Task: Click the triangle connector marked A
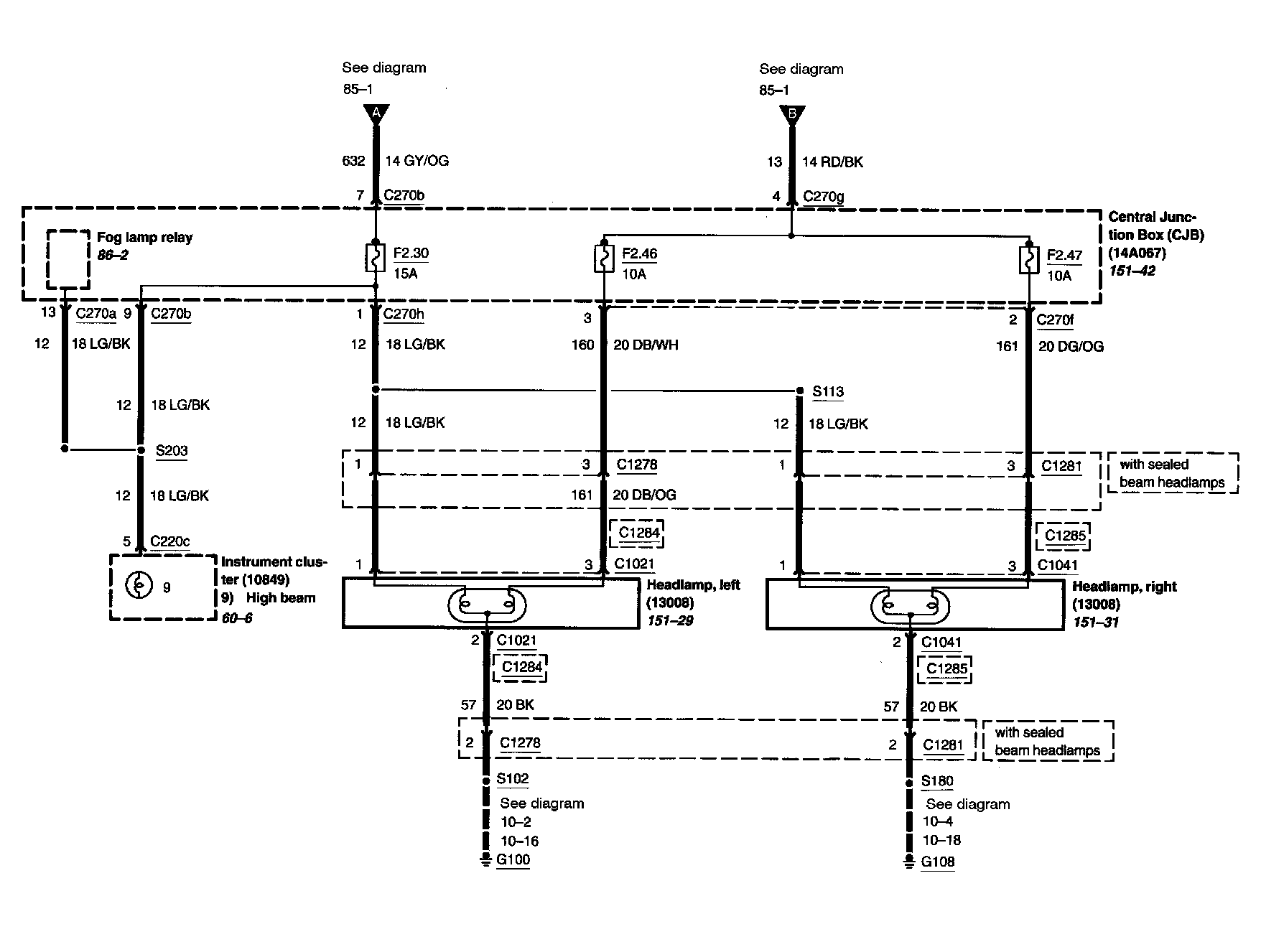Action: tap(376, 113)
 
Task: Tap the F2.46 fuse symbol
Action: tap(604, 259)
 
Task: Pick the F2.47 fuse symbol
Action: tap(1029, 260)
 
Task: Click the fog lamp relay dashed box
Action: tap(68, 259)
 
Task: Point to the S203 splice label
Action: tap(172, 451)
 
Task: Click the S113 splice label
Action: tap(828, 392)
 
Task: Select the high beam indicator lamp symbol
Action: tap(138, 587)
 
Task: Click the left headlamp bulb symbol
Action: tap(488, 605)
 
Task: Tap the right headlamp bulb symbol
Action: tap(910, 607)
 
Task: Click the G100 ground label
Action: tap(513, 860)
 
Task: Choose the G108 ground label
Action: tap(938, 862)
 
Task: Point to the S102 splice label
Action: tap(513, 779)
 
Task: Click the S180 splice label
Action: tap(938, 781)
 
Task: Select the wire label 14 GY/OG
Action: tap(417, 161)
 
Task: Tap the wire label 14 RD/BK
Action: tap(832, 162)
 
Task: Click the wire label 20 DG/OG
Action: tap(1071, 347)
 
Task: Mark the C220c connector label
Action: tap(170, 541)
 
